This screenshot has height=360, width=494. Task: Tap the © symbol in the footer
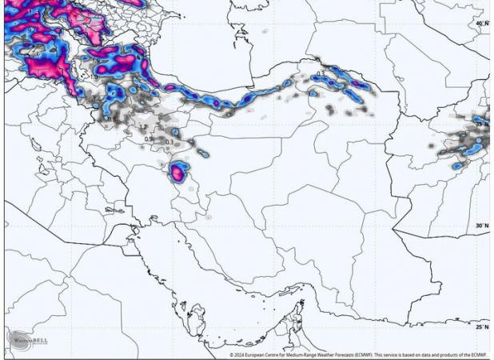pos(231,355)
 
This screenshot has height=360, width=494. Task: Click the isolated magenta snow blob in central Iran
pos(178,171)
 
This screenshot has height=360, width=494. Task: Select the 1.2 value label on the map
pos(143,127)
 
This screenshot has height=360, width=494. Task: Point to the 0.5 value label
pos(148,139)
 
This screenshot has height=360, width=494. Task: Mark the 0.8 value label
pos(113,120)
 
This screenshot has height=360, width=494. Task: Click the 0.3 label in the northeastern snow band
pos(321,74)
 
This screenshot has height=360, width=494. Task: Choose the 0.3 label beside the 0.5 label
pos(169,142)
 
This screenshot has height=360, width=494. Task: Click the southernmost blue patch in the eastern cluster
pos(456,166)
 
